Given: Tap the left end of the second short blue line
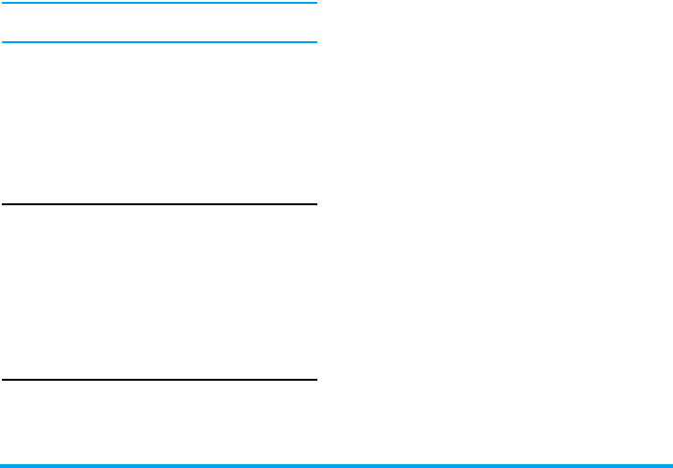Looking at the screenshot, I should [2, 42].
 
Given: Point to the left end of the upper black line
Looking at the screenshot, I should [2, 203].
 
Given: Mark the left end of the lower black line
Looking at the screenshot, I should [2, 380].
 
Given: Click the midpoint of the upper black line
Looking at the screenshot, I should [159, 203].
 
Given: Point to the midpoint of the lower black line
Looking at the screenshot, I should [159, 380].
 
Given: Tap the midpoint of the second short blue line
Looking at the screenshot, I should [159, 42].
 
